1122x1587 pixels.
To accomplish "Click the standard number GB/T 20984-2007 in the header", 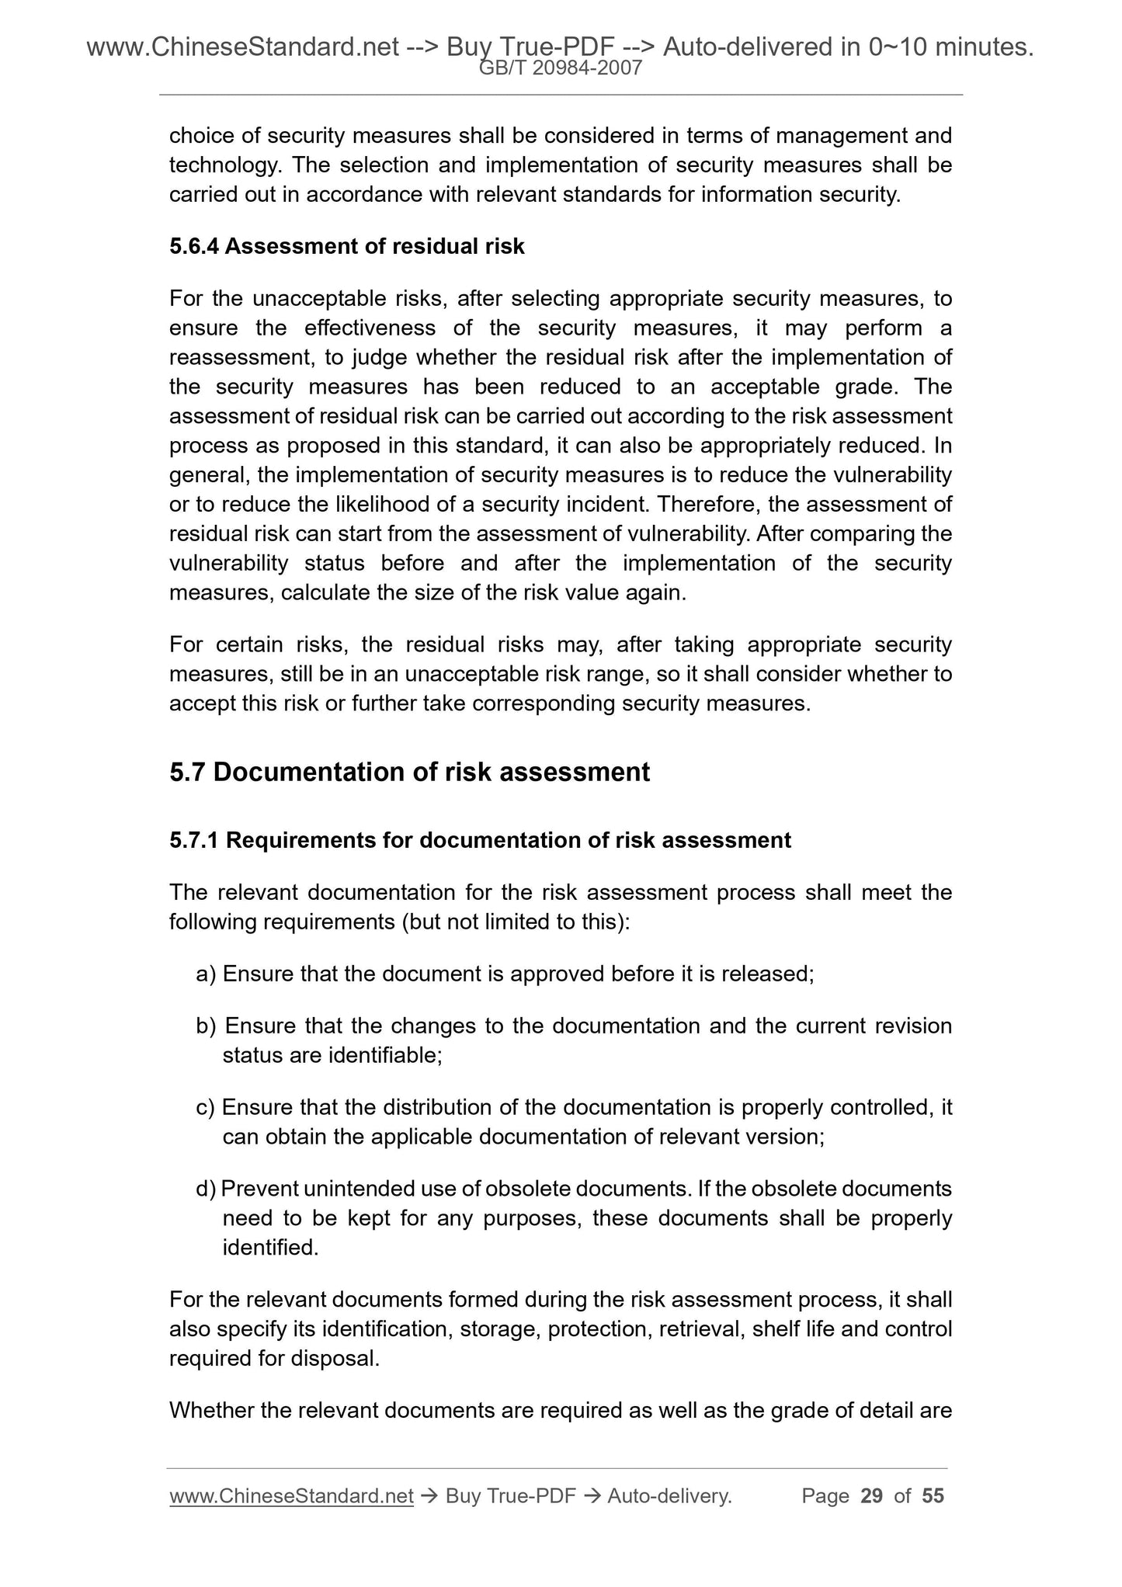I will (561, 68).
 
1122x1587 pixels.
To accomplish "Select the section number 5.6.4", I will (194, 247).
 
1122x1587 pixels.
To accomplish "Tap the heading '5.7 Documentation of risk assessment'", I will (409, 773).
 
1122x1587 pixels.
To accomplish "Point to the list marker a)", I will (206, 974).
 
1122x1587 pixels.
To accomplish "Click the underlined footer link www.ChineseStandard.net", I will (291, 1496).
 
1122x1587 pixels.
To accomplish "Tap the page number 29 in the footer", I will (872, 1496).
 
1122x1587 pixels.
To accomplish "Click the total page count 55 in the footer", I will (933, 1496).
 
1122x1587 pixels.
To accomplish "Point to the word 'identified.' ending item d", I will (270, 1248).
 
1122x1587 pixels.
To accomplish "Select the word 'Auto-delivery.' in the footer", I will (670, 1496).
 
